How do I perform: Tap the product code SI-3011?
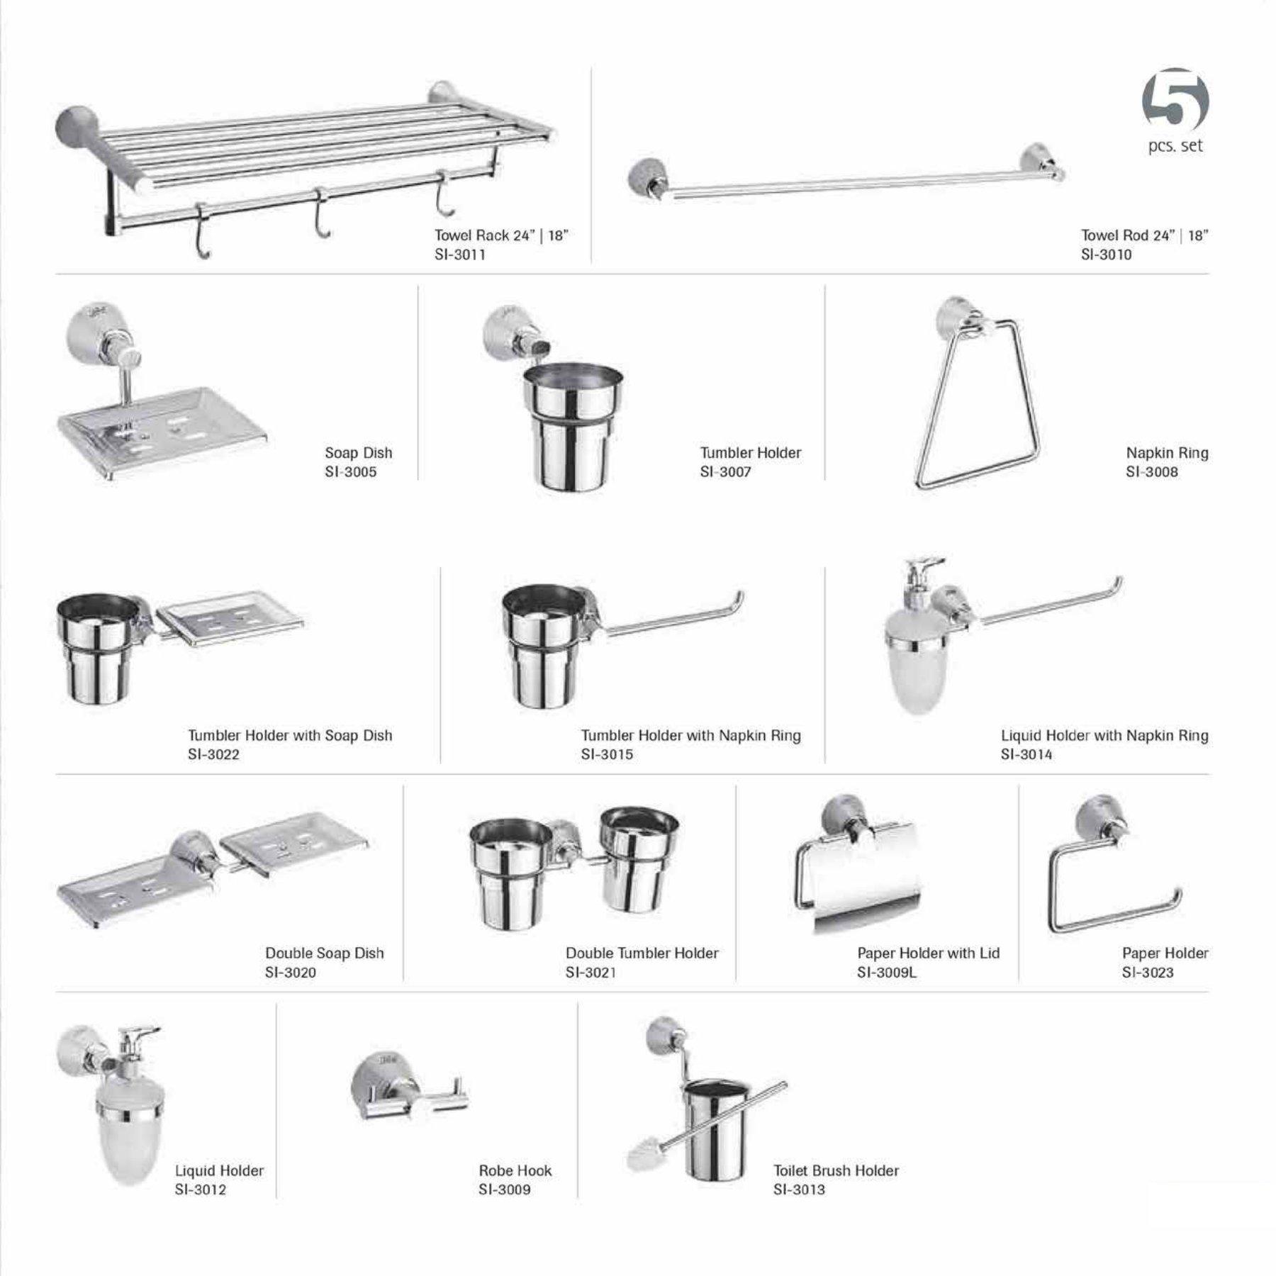460,254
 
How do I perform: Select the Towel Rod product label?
1143,235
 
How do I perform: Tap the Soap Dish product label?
358,452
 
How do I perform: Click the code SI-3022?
213,754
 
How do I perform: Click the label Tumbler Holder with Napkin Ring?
690,735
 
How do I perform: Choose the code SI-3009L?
886,972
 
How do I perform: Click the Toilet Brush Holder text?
836,1170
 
